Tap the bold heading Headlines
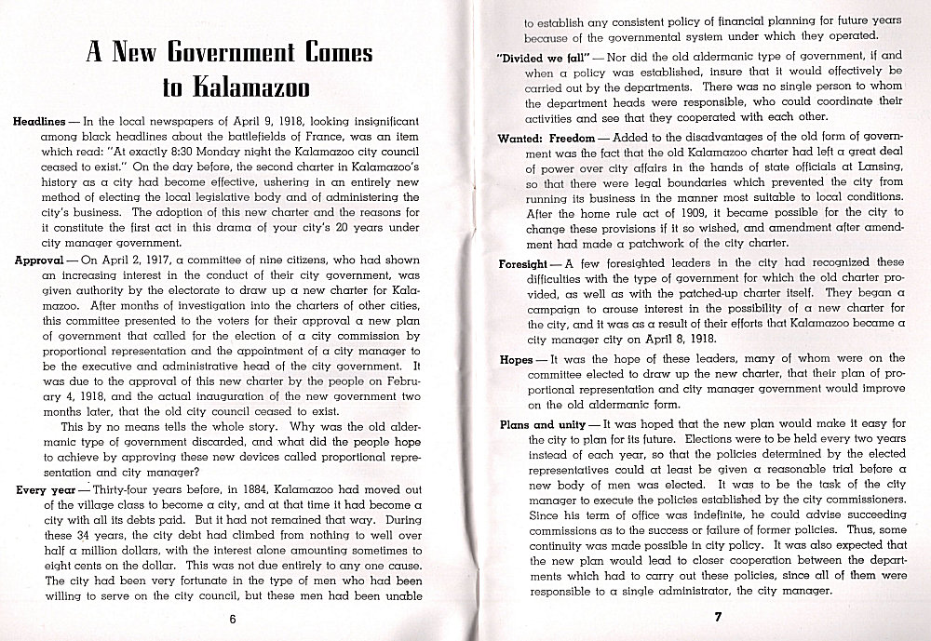coord(39,122)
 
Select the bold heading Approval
coord(38,261)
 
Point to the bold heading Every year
coord(46,488)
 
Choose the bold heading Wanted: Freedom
coord(538,139)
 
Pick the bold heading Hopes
coord(517,358)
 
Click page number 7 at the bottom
coord(718,616)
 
